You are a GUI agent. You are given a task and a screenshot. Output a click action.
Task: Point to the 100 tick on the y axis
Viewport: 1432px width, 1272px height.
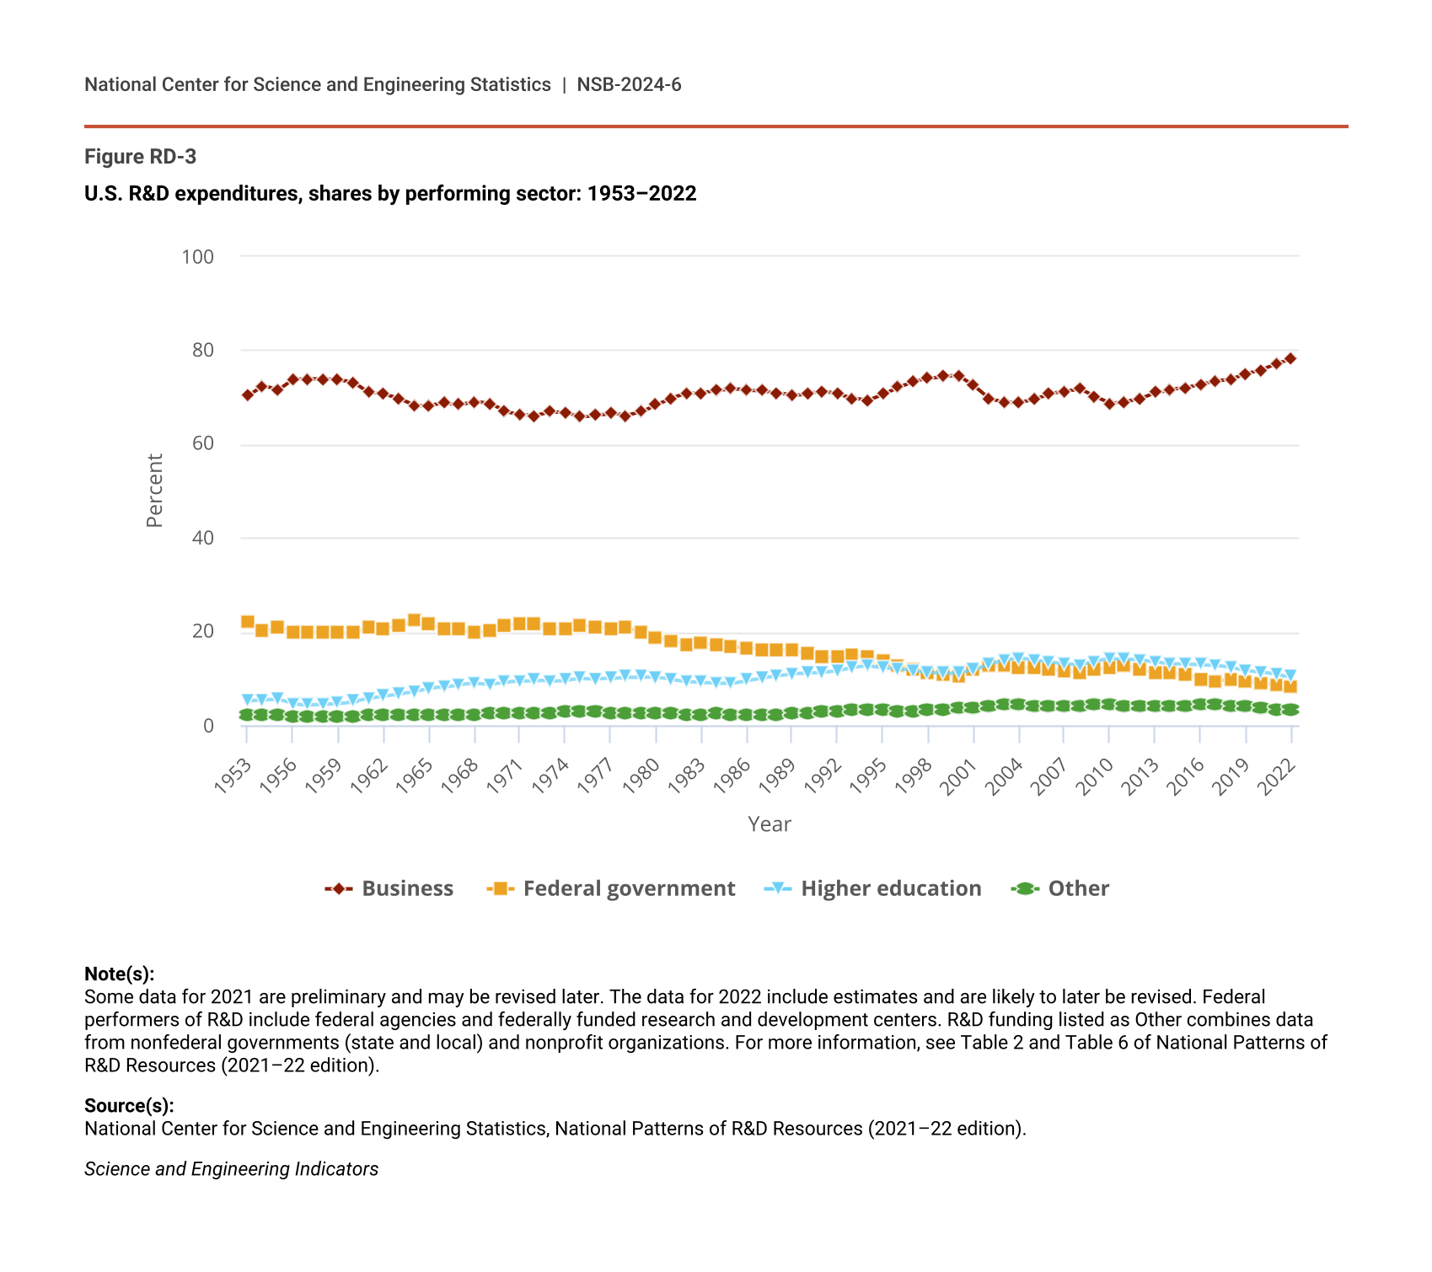coord(198,256)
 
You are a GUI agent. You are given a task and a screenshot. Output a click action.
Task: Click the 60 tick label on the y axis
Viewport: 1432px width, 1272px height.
coord(203,444)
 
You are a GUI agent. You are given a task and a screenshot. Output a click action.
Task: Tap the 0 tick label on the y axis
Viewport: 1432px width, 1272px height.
coord(208,726)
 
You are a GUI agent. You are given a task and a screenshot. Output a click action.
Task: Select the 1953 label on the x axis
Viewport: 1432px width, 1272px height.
coord(233,776)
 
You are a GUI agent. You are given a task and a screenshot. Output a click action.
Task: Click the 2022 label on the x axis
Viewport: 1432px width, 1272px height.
coord(1277,776)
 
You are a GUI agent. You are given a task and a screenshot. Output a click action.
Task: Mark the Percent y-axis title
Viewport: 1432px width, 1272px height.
coord(154,491)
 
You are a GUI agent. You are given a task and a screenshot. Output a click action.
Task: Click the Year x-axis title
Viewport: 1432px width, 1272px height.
coord(770,824)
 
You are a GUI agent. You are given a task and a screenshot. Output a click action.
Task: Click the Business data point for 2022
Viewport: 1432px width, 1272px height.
coord(1290,358)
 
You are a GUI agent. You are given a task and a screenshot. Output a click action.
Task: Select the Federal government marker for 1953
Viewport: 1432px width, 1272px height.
coord(247,622)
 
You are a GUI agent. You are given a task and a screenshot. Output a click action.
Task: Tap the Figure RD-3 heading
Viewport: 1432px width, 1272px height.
coord(141,157)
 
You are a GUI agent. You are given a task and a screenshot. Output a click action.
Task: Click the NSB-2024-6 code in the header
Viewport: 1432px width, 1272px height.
coord(629,84)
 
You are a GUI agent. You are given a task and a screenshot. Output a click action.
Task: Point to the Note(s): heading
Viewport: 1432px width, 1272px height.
coord(120,974)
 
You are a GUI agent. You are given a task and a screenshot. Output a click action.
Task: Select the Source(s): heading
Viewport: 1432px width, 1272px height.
coord(129,1106)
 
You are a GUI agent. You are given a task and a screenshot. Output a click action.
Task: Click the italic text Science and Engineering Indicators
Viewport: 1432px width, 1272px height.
coord(231,1169)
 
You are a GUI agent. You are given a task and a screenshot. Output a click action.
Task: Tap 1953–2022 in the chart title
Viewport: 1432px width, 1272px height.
coord(641,194)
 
